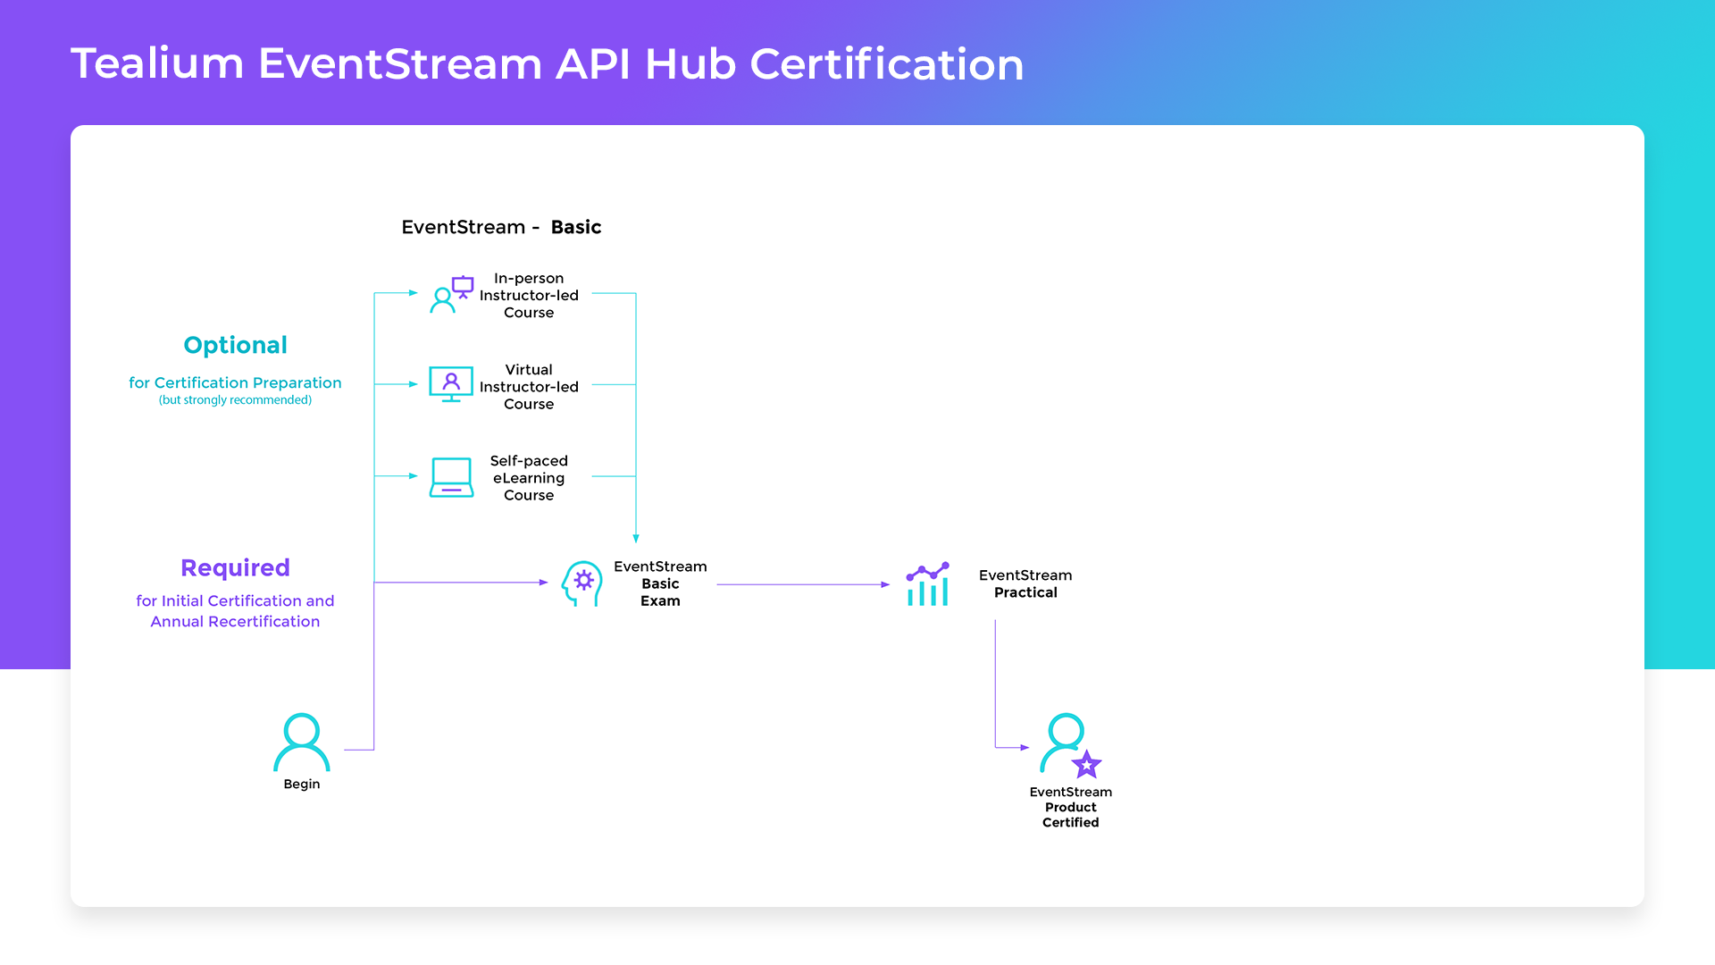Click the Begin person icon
pos(301,742)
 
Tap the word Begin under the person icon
pos(302,784)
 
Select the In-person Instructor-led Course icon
pos(451,295)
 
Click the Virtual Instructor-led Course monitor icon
pos(451,384)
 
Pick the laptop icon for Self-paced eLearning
pos(451,477)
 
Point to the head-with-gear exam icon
pos(581,583)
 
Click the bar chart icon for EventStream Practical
pos(927,584)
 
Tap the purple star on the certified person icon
pos(1086,764)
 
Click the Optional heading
pos(235,345)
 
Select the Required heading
pos(235,567)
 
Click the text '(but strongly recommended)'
pos(235,400)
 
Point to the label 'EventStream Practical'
pos(1025,583)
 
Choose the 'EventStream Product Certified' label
pos(1070,807)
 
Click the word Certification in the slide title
pos(886,64)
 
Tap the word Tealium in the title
pos(157,64)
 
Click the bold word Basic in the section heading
pos(576,227)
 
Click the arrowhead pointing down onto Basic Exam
pos(636,538)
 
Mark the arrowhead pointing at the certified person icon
pos(1025,747)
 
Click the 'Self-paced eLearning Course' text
pos(529,478)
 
